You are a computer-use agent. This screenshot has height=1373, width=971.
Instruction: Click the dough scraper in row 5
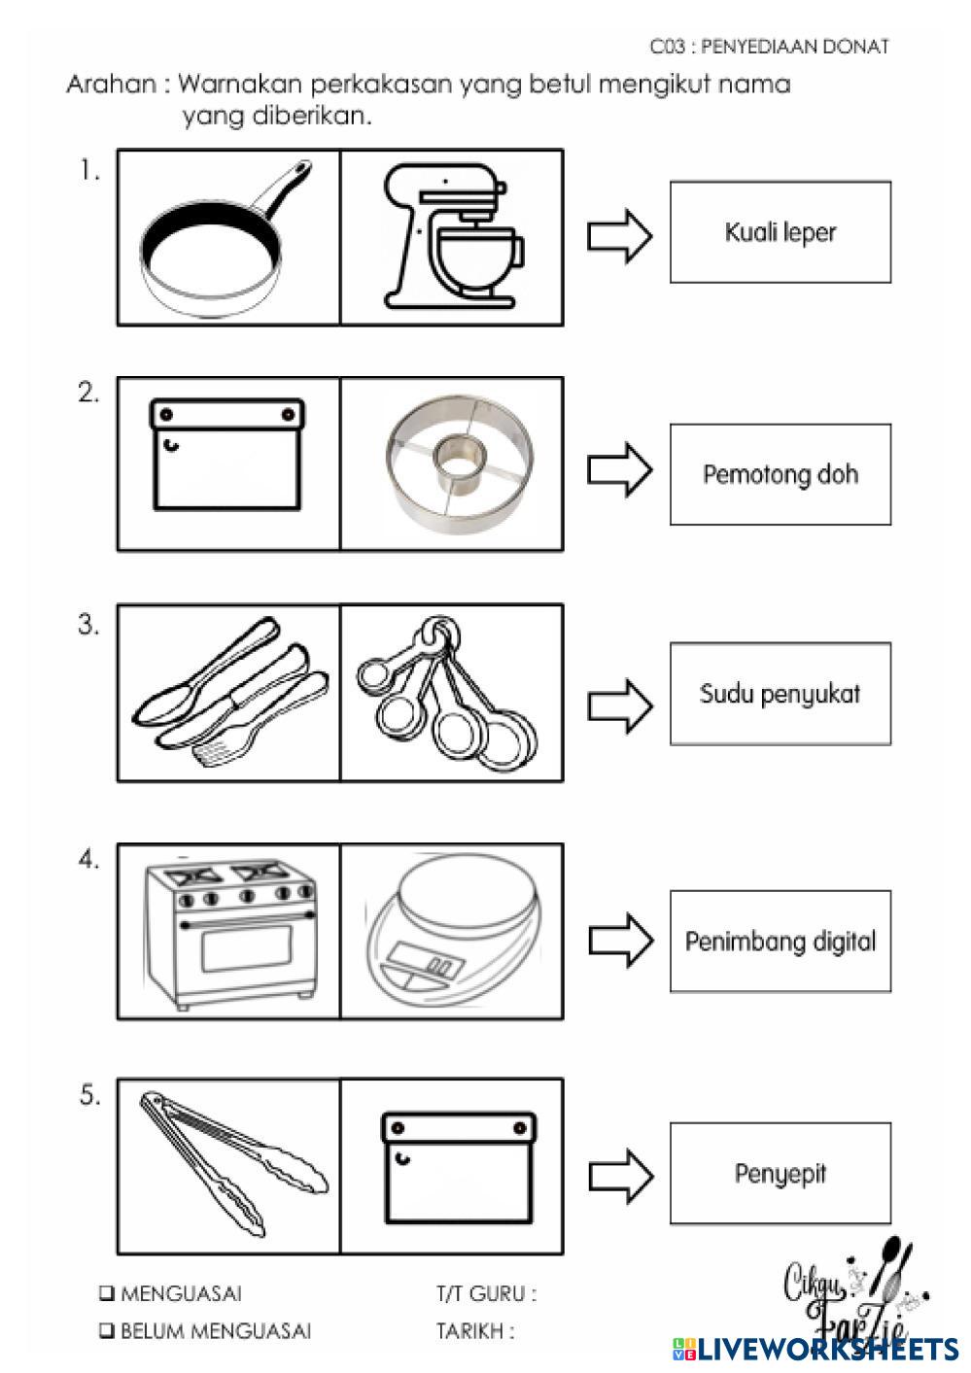459,1169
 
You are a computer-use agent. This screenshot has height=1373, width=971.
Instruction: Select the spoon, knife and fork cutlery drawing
230,692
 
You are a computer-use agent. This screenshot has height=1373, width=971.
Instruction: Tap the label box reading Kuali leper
780,231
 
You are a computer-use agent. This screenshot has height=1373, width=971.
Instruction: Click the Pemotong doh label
780,474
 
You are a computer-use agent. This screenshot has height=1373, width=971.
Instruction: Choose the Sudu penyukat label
780,693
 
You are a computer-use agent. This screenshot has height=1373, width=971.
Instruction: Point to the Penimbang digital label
780,941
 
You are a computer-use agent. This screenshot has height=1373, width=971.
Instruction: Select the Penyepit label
780,1173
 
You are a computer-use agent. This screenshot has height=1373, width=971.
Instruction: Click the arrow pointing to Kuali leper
620,236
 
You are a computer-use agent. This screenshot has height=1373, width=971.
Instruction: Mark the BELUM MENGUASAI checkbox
107,1330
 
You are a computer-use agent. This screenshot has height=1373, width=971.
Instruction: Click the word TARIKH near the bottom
470,1331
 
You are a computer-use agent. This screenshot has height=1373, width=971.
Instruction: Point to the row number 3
88,625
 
